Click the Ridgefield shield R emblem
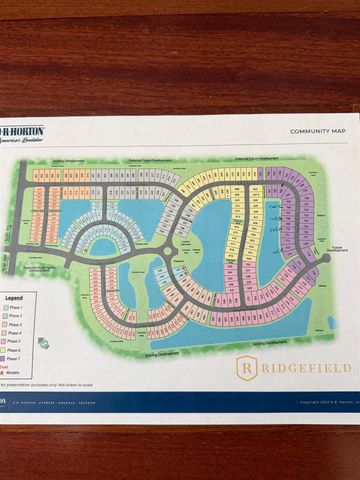click(x=246, y=368)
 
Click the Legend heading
click(x=13, y=297)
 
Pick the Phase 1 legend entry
click(x=14, y=306)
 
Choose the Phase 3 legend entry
click(x=14, y=324)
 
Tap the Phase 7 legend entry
click(x=14, y=359)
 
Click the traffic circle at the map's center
click(x=168, y=251)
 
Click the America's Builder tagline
click(x=22, y=142)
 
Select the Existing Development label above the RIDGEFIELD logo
click(x=272, y=342)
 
